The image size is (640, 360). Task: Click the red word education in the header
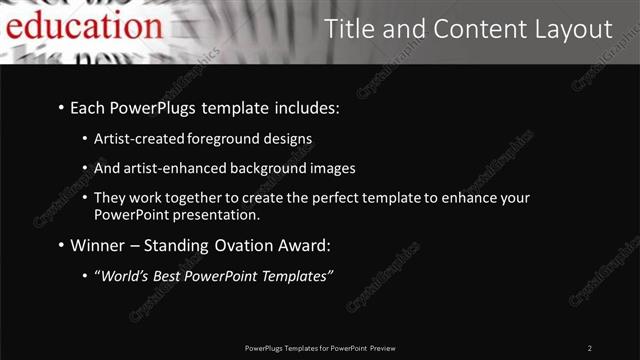click(76, 26)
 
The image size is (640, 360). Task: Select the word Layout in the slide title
click(564, 29)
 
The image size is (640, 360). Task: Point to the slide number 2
click(589, 348)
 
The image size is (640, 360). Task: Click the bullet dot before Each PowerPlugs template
click(61, 107)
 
